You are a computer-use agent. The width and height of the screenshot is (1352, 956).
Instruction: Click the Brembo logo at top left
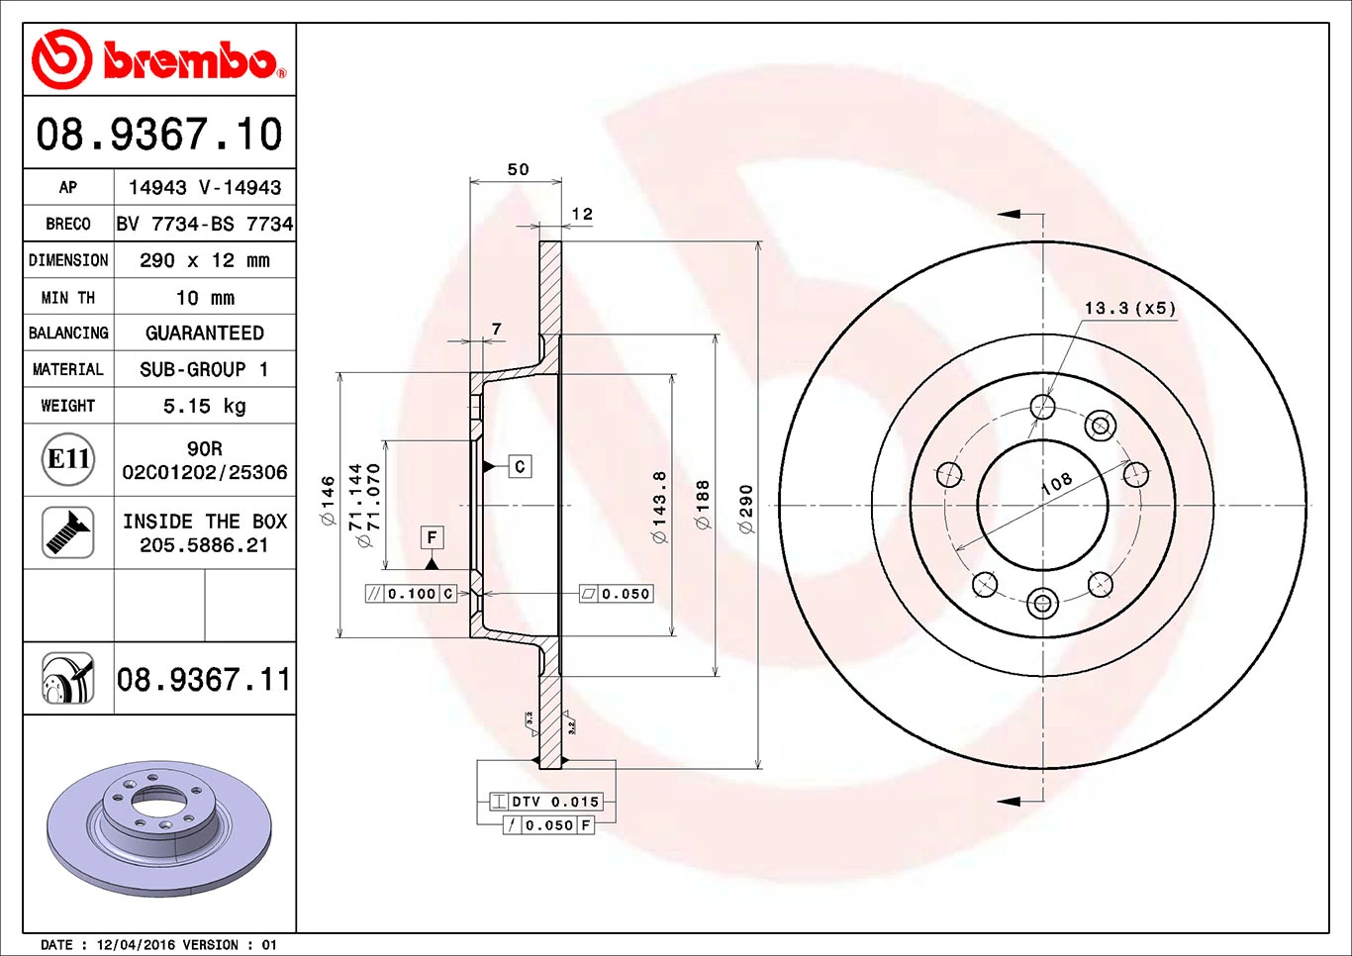(158, 60)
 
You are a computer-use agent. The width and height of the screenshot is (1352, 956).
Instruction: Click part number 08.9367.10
(159, 135)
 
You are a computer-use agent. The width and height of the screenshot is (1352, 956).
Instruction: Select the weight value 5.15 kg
(204, 406)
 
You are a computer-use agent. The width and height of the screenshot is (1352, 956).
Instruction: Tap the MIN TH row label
(68, 297)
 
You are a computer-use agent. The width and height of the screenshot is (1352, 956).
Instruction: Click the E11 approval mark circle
(68, 459)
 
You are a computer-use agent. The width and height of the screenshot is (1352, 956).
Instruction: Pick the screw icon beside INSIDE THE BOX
(68, 532)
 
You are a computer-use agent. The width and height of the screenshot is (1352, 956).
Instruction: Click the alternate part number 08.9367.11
(204, 680)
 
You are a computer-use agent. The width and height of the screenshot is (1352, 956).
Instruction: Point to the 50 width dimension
(518, 169)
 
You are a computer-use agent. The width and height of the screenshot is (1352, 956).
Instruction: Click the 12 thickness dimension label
(582, 214)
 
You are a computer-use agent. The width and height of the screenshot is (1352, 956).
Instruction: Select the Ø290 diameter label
(746, 509)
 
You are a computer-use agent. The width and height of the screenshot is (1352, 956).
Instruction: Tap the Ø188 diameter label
(703, 505)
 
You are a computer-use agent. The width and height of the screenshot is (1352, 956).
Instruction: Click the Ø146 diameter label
(328, 500)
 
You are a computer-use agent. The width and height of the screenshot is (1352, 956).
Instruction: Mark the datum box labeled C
(520, 466)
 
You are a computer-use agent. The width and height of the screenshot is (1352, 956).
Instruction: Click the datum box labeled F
(432, 537)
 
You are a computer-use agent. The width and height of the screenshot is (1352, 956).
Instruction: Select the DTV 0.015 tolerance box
(546, 802)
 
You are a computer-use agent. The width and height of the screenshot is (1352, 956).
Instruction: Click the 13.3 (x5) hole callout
(1129, 308)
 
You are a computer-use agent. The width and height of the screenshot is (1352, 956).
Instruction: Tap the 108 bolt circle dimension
(1056, 483)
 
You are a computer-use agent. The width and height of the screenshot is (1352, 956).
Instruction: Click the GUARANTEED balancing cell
(204, 334)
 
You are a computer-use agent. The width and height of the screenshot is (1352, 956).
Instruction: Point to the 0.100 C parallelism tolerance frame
(411, 594)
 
